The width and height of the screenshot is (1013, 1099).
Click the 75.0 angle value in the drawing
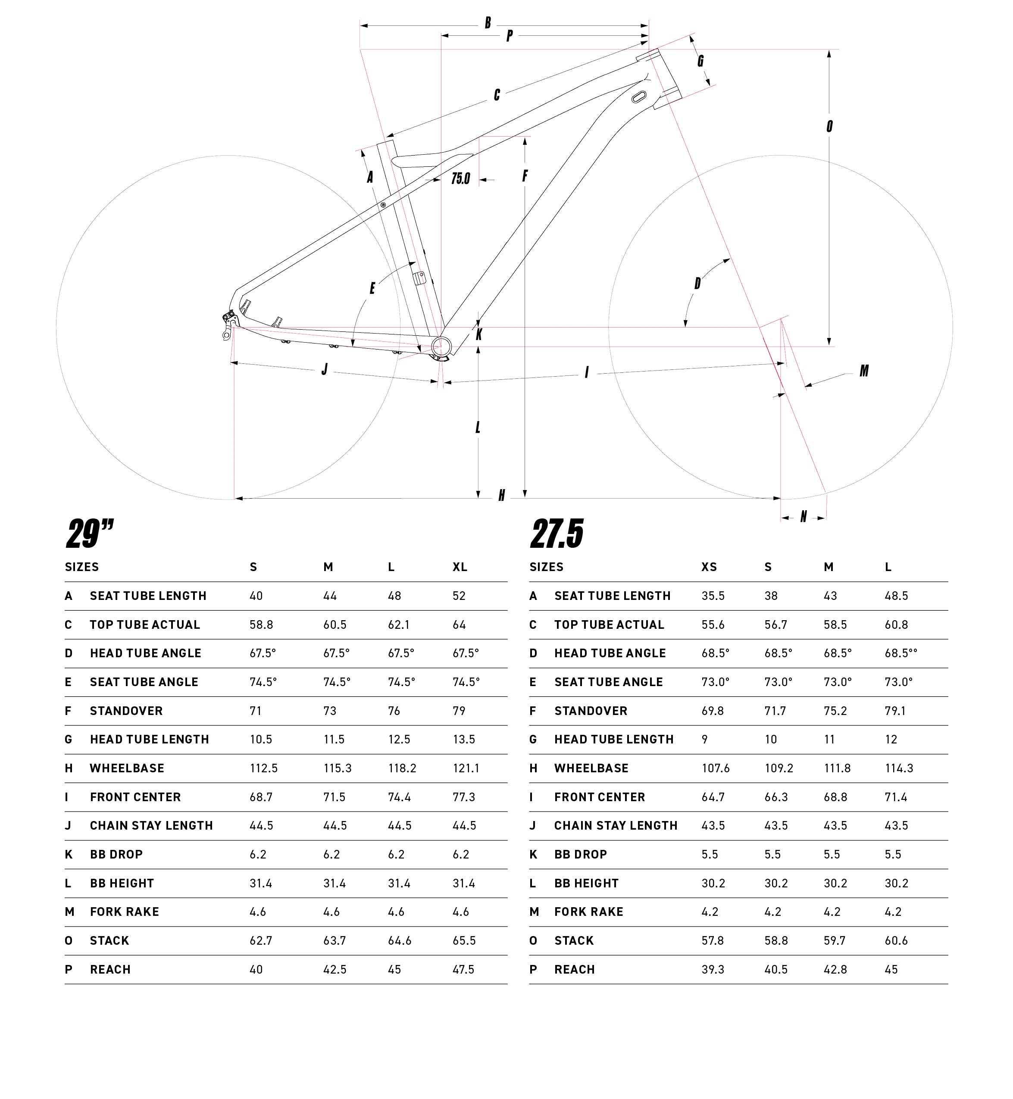click(460, 179)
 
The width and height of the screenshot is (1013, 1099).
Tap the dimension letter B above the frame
click(487, 23)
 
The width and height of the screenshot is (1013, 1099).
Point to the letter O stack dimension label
click(829, 127)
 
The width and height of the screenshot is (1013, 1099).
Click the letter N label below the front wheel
click(804, 516)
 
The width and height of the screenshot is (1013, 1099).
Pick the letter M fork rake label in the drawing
click(864, 371)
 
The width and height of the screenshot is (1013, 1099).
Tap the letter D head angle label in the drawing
click(697, 284)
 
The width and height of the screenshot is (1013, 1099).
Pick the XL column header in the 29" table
click(460, 567)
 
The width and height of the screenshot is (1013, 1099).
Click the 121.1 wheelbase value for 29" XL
click(466, 768)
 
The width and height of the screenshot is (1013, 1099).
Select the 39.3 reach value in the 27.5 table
click(713, 969)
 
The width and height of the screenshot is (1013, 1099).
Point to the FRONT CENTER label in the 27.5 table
click(600, 797)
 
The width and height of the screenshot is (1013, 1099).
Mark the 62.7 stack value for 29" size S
click(261, 940)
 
